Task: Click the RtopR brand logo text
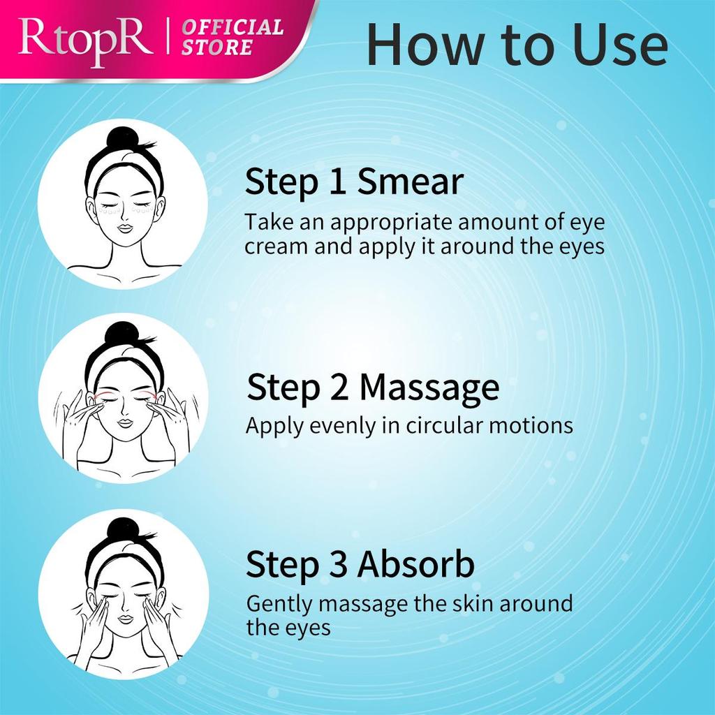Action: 84,39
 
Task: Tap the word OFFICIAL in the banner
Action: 233,29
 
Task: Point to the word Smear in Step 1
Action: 410,182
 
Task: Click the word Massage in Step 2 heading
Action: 429,388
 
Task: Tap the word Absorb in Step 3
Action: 416,565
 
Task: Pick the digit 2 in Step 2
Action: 339,388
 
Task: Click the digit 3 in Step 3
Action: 338,565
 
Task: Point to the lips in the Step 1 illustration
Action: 125,228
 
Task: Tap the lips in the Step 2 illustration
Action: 125,422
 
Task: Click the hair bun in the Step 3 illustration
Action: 124,530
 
